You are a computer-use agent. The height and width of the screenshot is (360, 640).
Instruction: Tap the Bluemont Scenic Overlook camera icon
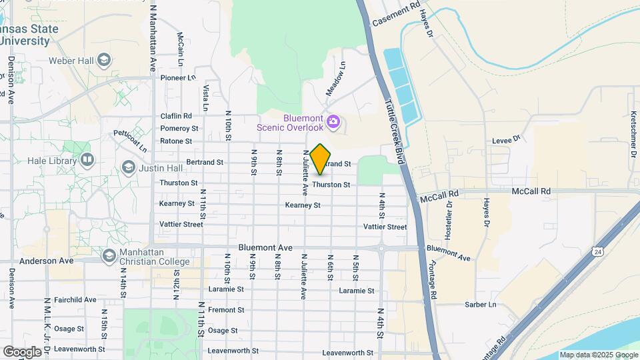pyautogui.click(x=333, y=122)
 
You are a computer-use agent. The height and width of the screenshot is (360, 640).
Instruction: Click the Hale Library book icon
pyautogui.click(x=87, y=160)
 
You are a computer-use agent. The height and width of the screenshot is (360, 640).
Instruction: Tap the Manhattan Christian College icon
pyautogui.click(x=109, y=255)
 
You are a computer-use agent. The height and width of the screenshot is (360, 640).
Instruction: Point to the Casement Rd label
pyautogui.click(x=396, y=13)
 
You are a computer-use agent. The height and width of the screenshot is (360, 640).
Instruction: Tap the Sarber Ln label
pyautogui.click(x=481, y=305)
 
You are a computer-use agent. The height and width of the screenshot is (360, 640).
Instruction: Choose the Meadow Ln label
pyautogui.click(x=337, y=78)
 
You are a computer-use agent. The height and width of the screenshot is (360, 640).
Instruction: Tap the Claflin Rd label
pyautogui.click(x=176, y=115)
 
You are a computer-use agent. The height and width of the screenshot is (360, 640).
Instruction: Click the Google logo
pyautogui.click(x=22, y=351)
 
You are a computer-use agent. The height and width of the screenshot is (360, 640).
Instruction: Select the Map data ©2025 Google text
pyautogui.click(x=598, y=355)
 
